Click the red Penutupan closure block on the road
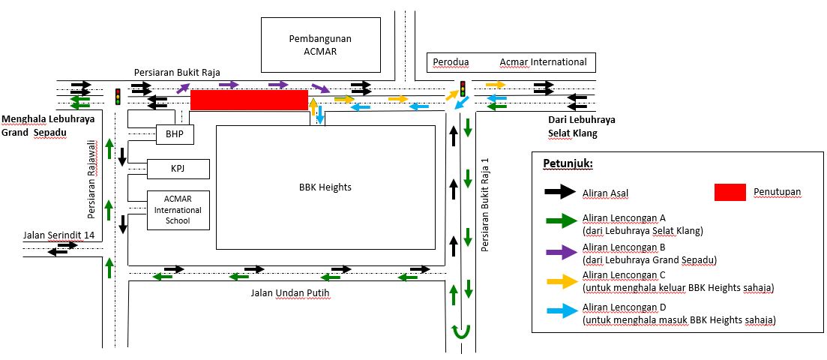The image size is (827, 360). [x=249, y=100]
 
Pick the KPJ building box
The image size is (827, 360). [x=178, y=169]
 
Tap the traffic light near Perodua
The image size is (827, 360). [x=463, y=88]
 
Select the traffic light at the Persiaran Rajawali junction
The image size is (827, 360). [x=118, y=97]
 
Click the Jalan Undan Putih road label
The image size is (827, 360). [x=290, y=293]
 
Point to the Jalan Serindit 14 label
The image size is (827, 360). [x=58, y=234]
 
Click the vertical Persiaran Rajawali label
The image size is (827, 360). [x=92, y=179]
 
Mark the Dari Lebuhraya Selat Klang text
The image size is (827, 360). [x=581, y=126]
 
